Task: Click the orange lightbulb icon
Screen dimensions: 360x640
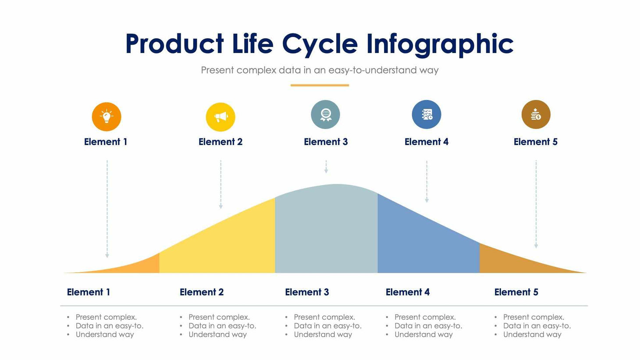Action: [x=107, y=117]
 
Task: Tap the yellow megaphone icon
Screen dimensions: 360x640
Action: [x=220, y=117]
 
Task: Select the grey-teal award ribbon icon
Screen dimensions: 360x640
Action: [x=325, y=114]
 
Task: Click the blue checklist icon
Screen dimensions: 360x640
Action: [x=427, y=114]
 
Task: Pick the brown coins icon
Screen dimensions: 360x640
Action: [x=536, y=114]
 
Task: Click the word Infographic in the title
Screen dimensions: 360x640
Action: [x=439, y=44]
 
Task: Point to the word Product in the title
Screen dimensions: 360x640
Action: [x=174, y=44]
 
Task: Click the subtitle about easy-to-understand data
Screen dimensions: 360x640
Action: [x=320, y=70]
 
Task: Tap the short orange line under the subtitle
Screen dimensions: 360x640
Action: [x=320, y=85]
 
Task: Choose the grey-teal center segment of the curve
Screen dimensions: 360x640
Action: [x=326, y=228]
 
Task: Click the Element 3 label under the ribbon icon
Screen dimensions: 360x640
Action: [x=326, y=142]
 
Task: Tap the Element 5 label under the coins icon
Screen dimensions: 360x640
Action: [x=535, y=142]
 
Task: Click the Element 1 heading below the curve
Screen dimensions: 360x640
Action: [x=88, y=292]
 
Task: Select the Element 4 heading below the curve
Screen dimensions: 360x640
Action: [x=407, y=292]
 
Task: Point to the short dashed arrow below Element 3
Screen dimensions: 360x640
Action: [x=326, y=167]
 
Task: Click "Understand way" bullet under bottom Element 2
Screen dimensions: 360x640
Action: [x=217, y=335]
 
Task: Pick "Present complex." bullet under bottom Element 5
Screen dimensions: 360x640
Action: [x=533, y=317]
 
